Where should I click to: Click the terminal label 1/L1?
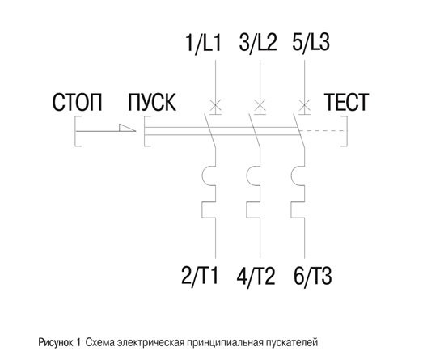[203, 43]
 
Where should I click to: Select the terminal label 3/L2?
[258, 43]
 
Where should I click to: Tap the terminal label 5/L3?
[311, 43]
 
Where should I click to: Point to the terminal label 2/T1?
[200, 276]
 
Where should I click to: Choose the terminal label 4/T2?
[256, 276]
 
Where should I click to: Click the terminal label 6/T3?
[313, 276]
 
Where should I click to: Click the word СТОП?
[77, 102]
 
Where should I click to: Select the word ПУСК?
[152, 102]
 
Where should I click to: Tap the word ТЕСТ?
[346, 102]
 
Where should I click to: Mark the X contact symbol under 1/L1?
[215, 107]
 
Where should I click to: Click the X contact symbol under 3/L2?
[260, 107]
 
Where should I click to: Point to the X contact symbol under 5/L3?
[305, 107]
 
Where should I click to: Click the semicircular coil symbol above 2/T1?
[203, 176]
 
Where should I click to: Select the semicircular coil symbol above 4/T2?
[247, 176]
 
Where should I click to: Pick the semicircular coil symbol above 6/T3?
[292, 176]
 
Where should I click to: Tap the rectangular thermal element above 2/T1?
[202, 210]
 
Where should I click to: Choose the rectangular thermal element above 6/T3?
[291, 210]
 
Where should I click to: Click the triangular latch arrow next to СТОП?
[127, 128]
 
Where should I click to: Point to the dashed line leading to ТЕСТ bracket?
[323, 131]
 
